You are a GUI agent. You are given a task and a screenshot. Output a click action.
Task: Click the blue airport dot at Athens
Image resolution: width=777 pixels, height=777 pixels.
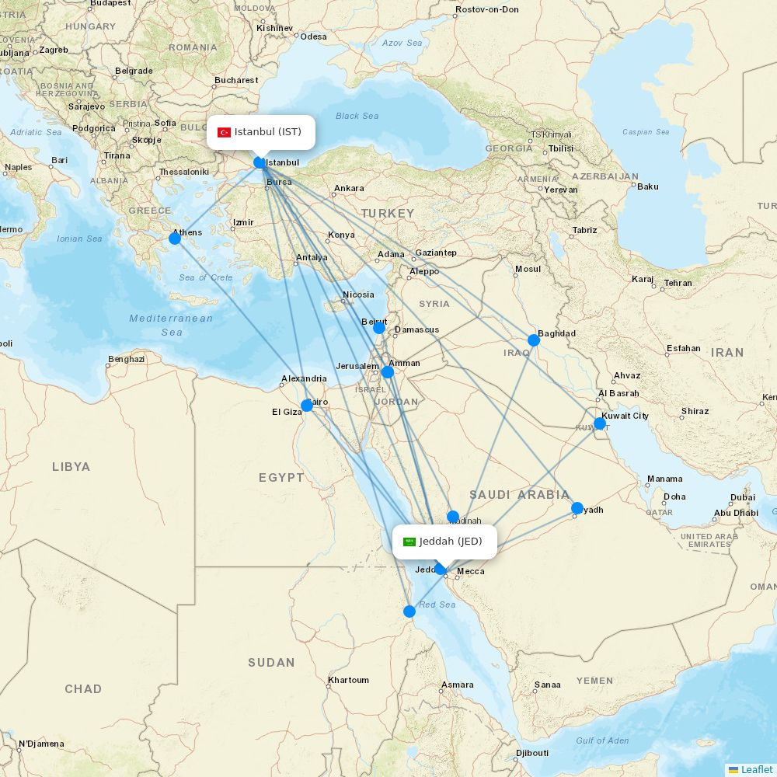click(x=175, y=239)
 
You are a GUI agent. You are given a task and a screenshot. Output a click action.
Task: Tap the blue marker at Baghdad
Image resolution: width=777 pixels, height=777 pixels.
click(x=534, y=340)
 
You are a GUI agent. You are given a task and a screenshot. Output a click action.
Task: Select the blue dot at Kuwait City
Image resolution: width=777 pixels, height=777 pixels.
click(x=600, y=423)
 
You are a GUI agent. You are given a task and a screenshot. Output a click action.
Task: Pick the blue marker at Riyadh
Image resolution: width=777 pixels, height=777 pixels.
click(x=577, y=508)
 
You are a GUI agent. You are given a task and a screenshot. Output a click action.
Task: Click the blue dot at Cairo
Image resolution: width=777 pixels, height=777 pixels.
click(x=307, y=405)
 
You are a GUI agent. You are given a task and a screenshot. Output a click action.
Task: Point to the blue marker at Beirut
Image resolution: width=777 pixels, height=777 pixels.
click(x=379, y=327)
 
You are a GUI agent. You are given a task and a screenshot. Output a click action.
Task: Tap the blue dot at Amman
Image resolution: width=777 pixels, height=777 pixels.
click(x=388, y=372)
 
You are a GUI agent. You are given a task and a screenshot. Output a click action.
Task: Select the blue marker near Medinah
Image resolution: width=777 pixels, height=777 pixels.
click(x=453, y=517)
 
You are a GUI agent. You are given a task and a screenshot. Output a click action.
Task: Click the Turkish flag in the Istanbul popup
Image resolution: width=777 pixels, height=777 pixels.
click(x=224, y=132)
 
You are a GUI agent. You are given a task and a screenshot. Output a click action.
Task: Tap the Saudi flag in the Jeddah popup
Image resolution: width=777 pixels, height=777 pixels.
click(x=409, y=542)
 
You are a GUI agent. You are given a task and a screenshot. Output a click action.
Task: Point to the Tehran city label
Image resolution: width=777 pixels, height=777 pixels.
click(x=678, y=283)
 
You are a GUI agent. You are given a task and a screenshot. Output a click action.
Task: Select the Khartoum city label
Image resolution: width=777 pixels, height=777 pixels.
click(x=348, y=680)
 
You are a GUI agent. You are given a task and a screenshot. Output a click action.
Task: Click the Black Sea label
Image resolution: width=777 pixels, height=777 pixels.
click(x=357, y=116)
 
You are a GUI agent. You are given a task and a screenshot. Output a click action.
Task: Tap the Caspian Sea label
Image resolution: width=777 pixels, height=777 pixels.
click(x=646, y=132)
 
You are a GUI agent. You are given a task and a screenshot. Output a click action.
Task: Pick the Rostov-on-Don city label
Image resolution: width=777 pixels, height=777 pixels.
click(x=486, y=9)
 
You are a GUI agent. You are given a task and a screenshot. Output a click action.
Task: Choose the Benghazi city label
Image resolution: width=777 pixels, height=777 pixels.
click(x=126, y=359)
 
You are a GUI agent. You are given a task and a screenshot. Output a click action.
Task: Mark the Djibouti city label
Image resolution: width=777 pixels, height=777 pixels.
click(x=532, y=753)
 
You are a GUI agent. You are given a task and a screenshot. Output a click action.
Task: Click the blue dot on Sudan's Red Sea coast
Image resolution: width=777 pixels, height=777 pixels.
click(x=409, y=611)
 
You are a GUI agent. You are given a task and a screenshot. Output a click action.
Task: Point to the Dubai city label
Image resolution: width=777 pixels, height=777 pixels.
click(x=742, y=497)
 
